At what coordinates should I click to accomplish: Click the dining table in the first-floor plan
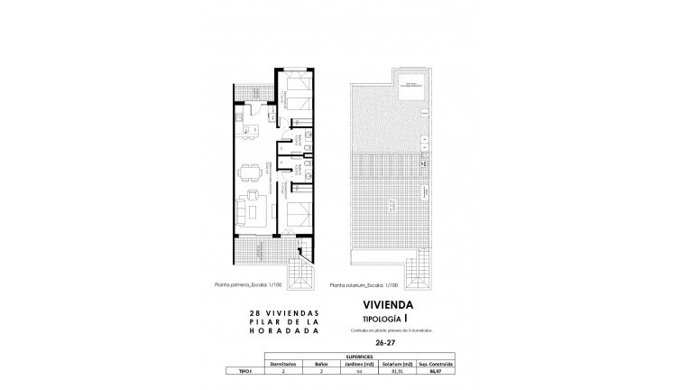tap(252, 170)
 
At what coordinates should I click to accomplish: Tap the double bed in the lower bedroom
tap(300, 214)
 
